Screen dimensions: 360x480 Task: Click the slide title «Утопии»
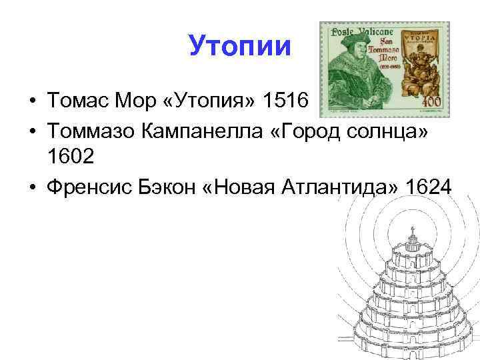click(240, 47)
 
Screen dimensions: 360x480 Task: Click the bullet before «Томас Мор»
click(32, 102)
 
